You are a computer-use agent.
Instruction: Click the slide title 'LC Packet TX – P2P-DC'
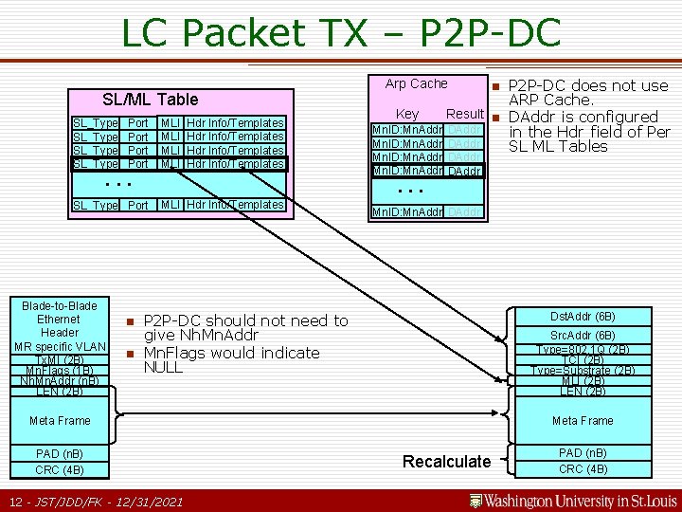(x=341, y=33)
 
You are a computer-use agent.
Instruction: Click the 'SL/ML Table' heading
(x=150, y=99)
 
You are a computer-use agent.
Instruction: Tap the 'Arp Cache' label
(x=416, y=83)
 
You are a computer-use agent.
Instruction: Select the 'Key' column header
(x=407, y=114)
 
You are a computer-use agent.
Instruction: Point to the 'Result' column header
(x=465, y=114)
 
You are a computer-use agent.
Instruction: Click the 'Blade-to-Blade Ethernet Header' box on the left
(x=59, y=320)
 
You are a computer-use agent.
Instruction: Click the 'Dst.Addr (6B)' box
(x=583, y=316)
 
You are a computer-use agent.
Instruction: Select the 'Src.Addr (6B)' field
(x=583, y=336)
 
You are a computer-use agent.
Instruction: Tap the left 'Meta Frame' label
(x=60, y=420)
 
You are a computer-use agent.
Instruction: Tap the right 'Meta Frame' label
(x=583, y=420)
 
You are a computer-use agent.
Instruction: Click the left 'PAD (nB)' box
(x=60, y=453)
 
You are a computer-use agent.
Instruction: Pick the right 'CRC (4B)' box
(x=583, y=469)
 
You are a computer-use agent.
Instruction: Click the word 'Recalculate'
(x=447, y=462)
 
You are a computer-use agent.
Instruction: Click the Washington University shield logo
(x=476, y=501)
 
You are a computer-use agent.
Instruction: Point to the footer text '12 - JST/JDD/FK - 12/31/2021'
(x=95, y=501)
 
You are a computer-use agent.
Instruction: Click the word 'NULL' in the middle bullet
(x=163, y=367)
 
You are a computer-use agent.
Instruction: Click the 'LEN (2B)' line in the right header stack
(x=583, y=391)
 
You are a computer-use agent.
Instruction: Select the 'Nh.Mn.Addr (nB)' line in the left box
(x=59, y=380)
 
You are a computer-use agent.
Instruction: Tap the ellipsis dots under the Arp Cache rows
(x=410, y=190)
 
